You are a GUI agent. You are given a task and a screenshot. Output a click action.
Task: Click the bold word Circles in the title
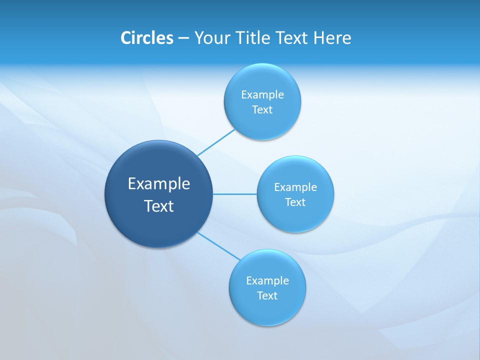pos(146,38)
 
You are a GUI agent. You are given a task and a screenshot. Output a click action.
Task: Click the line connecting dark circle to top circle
pos(216,142)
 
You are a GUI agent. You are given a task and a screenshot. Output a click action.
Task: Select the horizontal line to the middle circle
pos(234,194)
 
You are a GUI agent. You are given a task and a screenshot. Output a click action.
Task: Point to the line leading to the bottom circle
pos(219,246)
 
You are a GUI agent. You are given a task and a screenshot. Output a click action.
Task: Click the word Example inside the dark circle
pos(158,184)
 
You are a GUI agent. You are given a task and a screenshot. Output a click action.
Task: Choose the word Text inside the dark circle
pos(158,206)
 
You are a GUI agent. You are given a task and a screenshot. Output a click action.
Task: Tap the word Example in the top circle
pos(262,95)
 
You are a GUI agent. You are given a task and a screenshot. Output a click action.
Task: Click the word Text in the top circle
pos(262,110)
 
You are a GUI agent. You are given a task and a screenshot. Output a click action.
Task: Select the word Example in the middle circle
pos(295,187)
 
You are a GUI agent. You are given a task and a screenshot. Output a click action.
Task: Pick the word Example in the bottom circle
pos(267,281)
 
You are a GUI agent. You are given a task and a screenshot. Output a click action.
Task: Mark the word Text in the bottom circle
pos(267,296)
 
